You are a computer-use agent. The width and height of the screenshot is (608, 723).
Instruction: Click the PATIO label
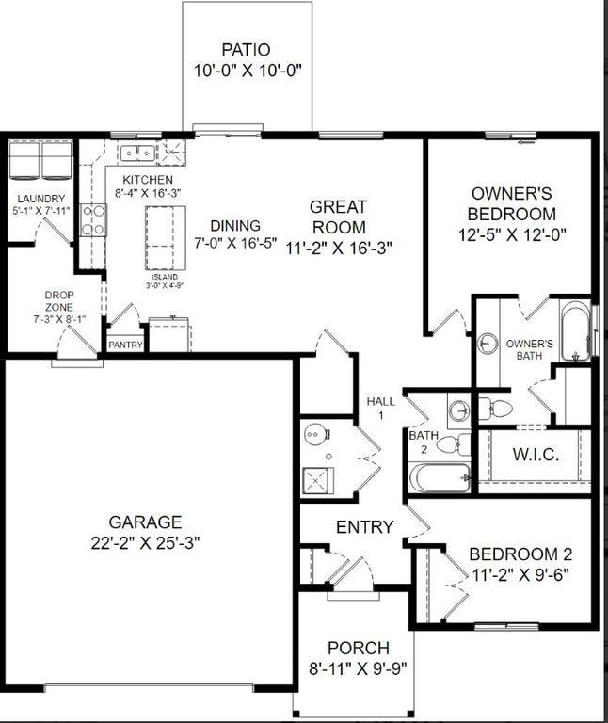246,50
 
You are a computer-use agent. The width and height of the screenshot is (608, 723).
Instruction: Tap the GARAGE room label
144,522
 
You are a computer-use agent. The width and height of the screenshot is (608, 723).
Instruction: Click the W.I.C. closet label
536,455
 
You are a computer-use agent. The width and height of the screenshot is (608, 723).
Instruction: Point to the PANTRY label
125,345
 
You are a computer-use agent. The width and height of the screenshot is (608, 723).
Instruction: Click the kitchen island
162,239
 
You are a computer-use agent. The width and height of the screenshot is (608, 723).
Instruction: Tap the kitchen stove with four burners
92,220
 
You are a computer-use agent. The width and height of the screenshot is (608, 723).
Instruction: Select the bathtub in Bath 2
441,477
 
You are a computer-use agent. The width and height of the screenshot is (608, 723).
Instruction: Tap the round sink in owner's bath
488,344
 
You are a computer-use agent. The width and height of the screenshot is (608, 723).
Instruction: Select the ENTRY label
363,527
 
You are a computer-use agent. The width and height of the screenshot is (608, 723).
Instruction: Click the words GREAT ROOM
338,217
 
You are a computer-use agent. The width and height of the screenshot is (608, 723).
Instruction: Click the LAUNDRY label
40,198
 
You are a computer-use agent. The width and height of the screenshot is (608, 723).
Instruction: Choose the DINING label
234,225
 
